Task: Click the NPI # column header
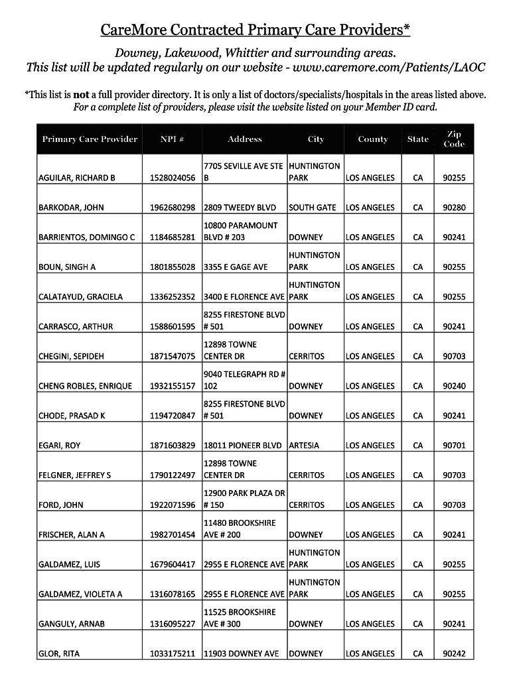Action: [x=172, y=139]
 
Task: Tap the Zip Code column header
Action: [x=454, y=139]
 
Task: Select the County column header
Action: [x=373, y=139]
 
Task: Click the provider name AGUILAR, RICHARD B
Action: [x=77, y=178]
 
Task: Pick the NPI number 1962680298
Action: [x=173, y=208]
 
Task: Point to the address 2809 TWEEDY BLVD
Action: [x=240, y=208]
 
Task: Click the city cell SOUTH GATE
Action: [x=313, y=208]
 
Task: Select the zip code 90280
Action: [x=454, y=208]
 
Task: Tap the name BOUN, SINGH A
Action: [x=67, y=267]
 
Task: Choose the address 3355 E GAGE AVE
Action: [x=236, y=267]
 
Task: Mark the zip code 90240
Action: [x=454, y=386]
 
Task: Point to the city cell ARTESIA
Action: [x=304, y=446]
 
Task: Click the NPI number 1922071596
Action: [x=173, y=505]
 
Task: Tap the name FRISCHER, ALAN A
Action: [x=72, y=535]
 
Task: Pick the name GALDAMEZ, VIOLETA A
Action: [x=80, y=594]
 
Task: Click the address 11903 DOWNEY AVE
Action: [x=241, y=654]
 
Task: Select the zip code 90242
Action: [x=454, y=654]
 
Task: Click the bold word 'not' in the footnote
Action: [x=81, y=95]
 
